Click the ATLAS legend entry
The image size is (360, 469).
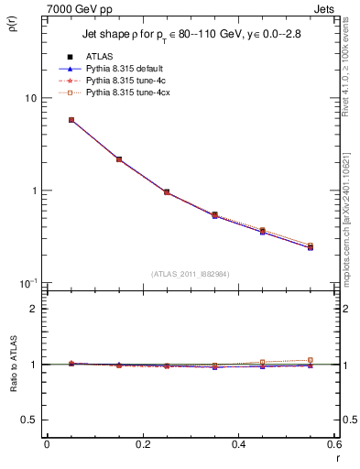pos(100,57)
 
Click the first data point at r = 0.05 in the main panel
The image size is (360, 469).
pos(71,120)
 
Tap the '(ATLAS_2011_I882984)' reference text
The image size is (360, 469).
pos(190,274)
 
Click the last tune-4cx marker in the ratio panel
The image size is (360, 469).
pos(311,360)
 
